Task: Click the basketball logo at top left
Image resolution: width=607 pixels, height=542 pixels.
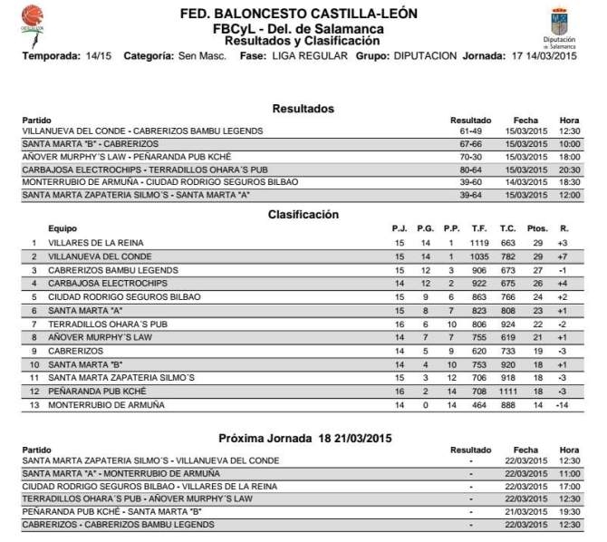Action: [34, 18]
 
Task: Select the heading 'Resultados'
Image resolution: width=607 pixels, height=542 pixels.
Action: [303, 109]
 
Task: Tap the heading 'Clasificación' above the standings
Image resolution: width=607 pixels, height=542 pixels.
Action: [303, 215]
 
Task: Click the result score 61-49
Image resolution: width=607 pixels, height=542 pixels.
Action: [469, 131]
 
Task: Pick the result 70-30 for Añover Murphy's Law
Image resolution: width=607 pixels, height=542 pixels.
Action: [469, 156]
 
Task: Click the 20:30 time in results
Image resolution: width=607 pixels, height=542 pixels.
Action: [569, 169]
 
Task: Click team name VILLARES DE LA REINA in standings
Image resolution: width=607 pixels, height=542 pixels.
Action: [96, 243]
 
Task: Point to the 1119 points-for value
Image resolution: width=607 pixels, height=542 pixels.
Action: [479, 243]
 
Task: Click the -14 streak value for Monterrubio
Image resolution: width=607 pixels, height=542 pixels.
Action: [563, 404]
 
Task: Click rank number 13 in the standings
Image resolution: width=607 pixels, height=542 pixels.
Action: [34, 404]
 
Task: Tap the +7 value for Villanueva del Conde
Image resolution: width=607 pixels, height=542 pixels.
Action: [563, 256]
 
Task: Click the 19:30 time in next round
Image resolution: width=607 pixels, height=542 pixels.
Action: [569, 511]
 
